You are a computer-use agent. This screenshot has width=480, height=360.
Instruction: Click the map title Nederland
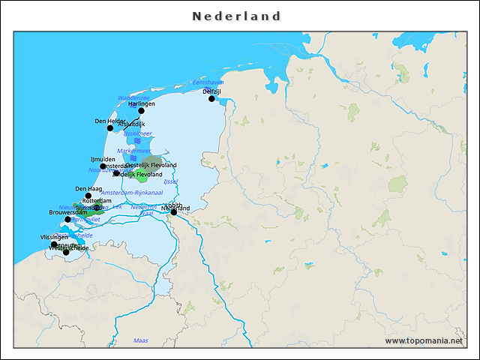(236, 16)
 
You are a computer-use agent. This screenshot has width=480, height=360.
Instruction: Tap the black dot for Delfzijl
(211, 98)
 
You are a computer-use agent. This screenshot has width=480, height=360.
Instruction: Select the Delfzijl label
(211, 91)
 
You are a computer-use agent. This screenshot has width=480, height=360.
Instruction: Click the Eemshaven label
(208, 82)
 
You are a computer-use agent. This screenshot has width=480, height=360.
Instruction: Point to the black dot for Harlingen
(141, 110)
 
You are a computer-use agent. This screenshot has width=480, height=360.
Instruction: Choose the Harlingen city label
(141, 103)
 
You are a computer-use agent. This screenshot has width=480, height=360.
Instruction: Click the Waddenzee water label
(133, 97)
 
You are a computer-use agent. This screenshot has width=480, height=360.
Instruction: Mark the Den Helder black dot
(110, 127)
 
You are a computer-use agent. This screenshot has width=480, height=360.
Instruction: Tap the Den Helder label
(110, 121)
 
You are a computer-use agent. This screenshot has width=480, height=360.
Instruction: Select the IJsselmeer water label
(137, 133)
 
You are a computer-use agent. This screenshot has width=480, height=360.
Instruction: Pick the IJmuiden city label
(103, 159)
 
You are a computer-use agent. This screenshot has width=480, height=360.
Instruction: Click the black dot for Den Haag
(88, 196)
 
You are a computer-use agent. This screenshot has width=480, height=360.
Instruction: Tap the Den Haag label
(88, 189)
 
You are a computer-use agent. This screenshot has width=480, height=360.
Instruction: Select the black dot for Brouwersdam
(68, 219)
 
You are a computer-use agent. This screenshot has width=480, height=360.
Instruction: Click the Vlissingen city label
(54, 237)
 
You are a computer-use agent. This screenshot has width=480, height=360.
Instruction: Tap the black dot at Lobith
(174, 212)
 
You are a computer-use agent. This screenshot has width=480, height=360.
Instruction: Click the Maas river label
(140, 340)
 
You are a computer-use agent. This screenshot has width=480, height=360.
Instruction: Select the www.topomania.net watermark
(424, 340)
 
